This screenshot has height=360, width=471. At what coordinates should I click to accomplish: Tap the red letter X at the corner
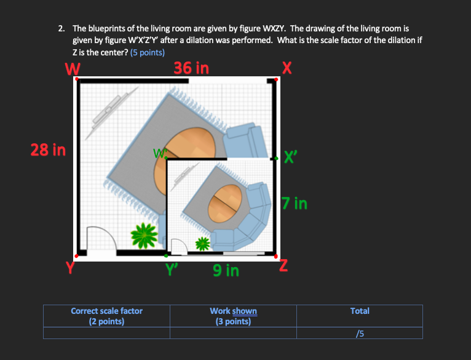[285, 66]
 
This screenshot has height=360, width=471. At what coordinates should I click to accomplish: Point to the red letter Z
[283, 266]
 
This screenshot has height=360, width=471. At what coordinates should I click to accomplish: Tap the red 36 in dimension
[191, 68]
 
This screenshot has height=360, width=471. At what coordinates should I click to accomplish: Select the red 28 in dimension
[49, 149]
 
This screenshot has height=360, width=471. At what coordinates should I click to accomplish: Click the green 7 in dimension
[295, 202]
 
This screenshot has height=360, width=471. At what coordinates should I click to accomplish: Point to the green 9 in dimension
[226, 270]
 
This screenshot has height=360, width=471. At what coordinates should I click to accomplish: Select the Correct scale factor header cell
[106, 316]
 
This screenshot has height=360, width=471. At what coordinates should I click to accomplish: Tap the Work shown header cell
[233, 316]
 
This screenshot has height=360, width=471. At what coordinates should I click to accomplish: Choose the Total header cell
[360, 311]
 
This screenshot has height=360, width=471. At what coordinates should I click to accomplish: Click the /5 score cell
[360, 333]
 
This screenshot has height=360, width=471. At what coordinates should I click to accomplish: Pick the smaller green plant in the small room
[202, 244]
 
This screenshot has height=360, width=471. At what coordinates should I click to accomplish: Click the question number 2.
[61, 28]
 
